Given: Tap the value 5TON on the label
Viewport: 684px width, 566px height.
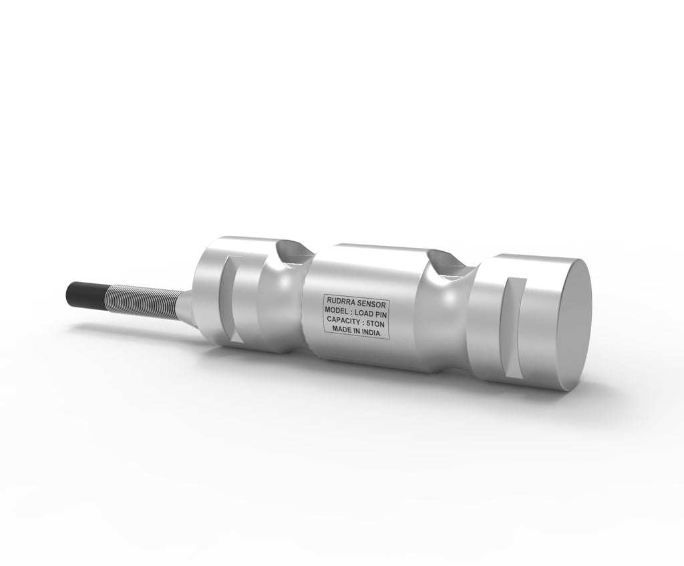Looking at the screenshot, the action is click(375, 323).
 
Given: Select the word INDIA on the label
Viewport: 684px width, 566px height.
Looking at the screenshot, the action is click(371, 333).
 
